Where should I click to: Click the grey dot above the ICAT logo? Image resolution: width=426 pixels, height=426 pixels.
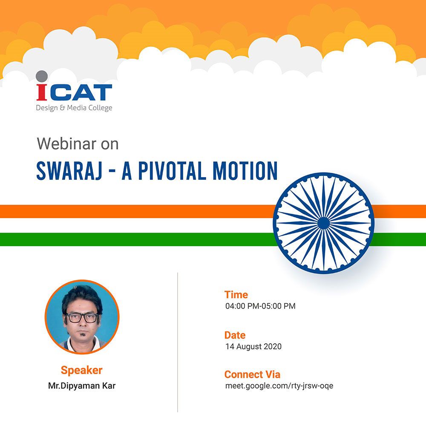[42, 76]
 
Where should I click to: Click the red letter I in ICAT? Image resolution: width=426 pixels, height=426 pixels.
[42, 92]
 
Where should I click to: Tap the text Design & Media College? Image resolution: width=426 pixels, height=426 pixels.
[74, 108]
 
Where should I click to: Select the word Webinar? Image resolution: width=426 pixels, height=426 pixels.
[66, 144]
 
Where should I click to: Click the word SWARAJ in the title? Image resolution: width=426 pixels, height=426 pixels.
[69, 171]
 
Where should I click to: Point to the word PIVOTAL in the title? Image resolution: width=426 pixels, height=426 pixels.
[173, 171]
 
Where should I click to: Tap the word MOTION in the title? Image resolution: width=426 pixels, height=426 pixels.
[245, 171]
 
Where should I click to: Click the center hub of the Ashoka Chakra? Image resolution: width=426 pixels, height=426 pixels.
[323, 223]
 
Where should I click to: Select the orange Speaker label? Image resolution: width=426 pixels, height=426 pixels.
[81, 370]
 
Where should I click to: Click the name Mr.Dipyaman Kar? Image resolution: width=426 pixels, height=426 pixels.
[82, 386]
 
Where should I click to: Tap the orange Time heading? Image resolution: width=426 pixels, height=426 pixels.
[236, 295]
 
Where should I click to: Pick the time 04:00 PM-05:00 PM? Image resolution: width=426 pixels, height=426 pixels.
[260, 306]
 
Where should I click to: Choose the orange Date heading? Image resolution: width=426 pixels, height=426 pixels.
[235, 335]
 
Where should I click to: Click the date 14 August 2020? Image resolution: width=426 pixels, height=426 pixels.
[253, 346]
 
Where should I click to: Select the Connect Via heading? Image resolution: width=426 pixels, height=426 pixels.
[252, 374]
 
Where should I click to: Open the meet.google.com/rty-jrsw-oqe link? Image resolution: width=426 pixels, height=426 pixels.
[279, 386]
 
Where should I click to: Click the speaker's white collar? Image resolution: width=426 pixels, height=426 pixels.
[82, 345]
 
